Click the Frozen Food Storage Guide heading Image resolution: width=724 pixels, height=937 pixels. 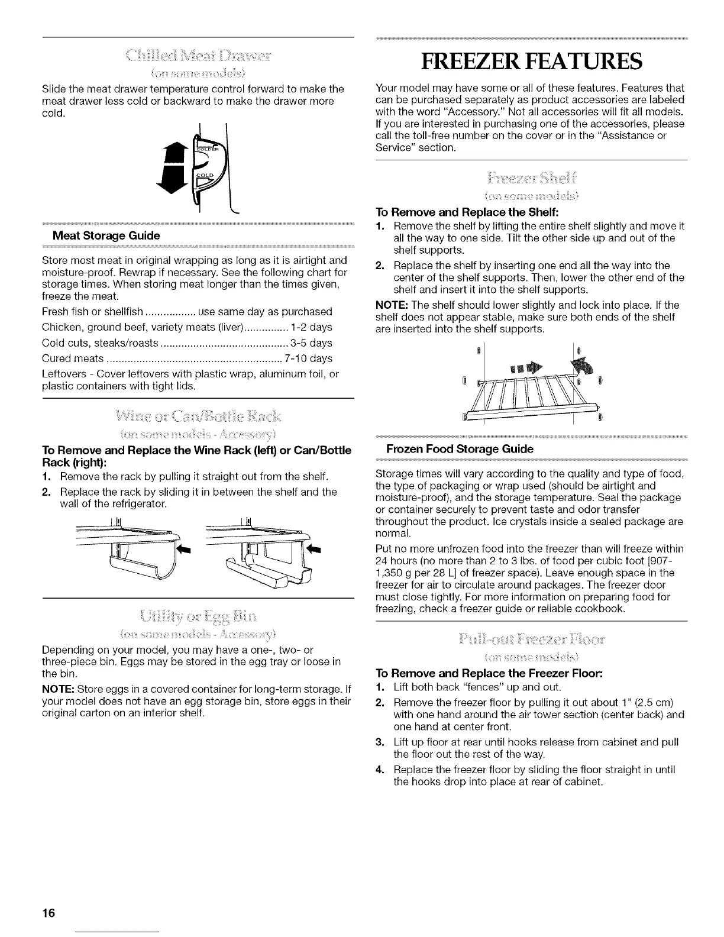point(455,449)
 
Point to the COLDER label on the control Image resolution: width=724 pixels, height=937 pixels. point(208,148)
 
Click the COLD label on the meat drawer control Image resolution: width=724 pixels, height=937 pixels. point(204,176)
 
